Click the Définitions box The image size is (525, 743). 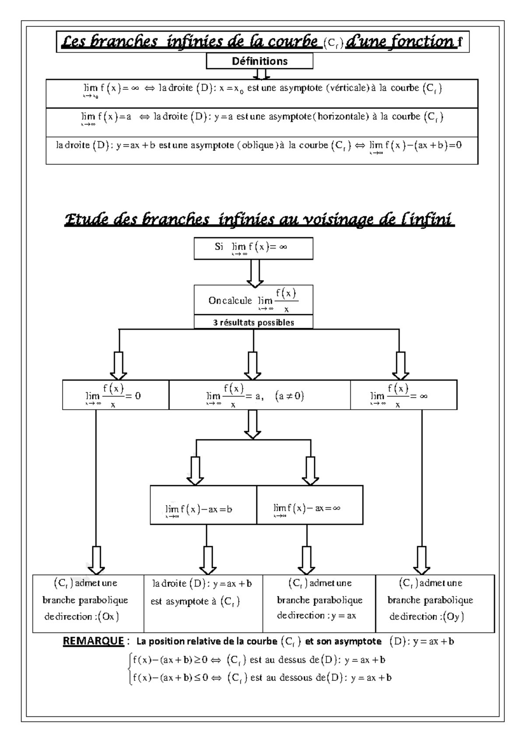[x=259, y=61]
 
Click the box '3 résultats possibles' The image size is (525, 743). [x=253, y=322]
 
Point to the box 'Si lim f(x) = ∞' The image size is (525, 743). [x=253, y=248]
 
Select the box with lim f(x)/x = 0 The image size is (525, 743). [x=115, y=395]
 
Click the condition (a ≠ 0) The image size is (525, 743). [x=289, y=396]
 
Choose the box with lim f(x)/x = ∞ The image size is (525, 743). [x=403, y=395]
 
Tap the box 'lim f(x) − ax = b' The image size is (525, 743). [x=203, y=509]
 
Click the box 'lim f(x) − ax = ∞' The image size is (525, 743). [x=309, y=508]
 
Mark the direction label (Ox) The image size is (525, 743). [x=108, y=617]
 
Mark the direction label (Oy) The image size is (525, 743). [x=453, y=617]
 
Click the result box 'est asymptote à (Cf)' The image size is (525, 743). [x=195, y=602]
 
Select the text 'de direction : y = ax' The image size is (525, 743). [x=316, y=616]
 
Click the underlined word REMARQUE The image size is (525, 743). [x=93, y=641]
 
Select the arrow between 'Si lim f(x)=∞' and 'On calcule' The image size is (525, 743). [x=254, y=272]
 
